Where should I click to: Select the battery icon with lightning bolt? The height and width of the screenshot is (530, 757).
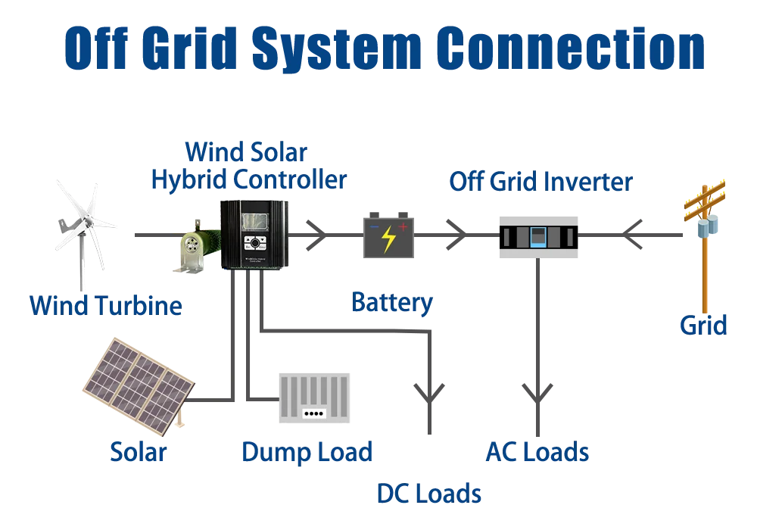pyautogui.click(x=388, y=235)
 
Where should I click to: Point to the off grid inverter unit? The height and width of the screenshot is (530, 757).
pyautogui.click(x=538, y=235)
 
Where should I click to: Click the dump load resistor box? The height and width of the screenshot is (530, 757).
pyautogui.click(x=315, y=398)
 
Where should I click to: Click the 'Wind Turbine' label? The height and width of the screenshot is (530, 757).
pyautogui.click(x=106, y=307)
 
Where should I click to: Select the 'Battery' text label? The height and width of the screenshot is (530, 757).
pyautogui.click(x=391, y=304)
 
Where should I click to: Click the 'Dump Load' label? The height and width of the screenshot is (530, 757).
pyautogui.click(x=308, y=452)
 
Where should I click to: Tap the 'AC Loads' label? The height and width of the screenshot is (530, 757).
pyautogui.click(x=537, y=452)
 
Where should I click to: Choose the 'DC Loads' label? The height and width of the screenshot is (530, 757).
pyautogui.click(x=428, y=494)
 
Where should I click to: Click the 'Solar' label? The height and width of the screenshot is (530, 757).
pyautogui.click(x=139, y=452)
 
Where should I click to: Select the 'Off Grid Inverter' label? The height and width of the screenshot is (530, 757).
pyautogui.click(x=540, y=182)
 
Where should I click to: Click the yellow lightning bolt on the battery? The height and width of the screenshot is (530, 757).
pyautogui.click(x=388, y=238)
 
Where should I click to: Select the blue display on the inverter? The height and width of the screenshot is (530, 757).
pyautogui.click(x=538, y=235)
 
